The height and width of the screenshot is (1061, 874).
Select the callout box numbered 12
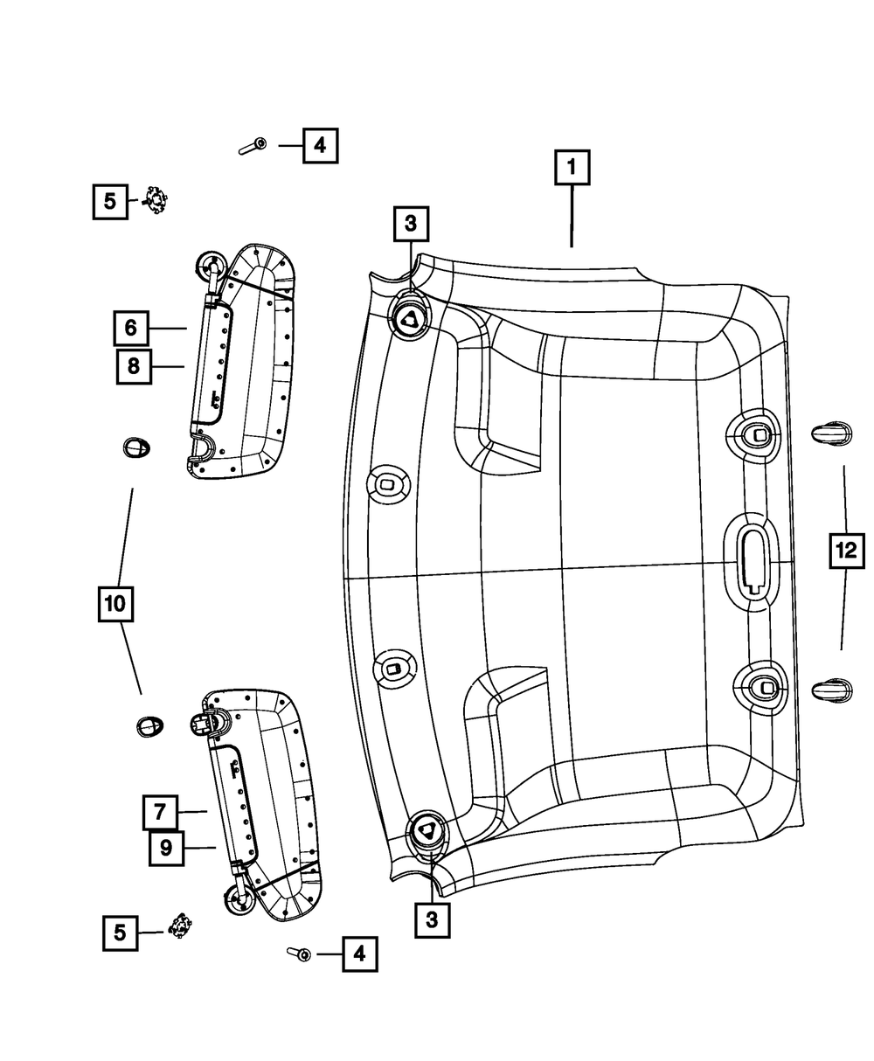(845, 551)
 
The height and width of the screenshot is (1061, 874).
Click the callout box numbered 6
(130, 328)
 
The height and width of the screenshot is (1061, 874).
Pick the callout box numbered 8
(134, 366)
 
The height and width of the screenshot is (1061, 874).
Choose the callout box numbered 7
(161, 812)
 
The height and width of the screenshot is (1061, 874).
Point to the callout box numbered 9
(165, 848)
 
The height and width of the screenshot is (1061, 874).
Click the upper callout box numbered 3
(411, 225)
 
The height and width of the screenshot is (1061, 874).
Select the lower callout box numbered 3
(432, 919)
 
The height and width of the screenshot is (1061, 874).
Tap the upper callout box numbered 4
(320, 145)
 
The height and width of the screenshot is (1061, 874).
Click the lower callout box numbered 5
(120, 933)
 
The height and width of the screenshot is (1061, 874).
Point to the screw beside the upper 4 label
(253, 146)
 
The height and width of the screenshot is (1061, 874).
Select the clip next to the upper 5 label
(156, 202)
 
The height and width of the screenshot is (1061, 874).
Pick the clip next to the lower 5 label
(180, 925)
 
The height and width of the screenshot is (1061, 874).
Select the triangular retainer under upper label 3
(409, 320)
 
